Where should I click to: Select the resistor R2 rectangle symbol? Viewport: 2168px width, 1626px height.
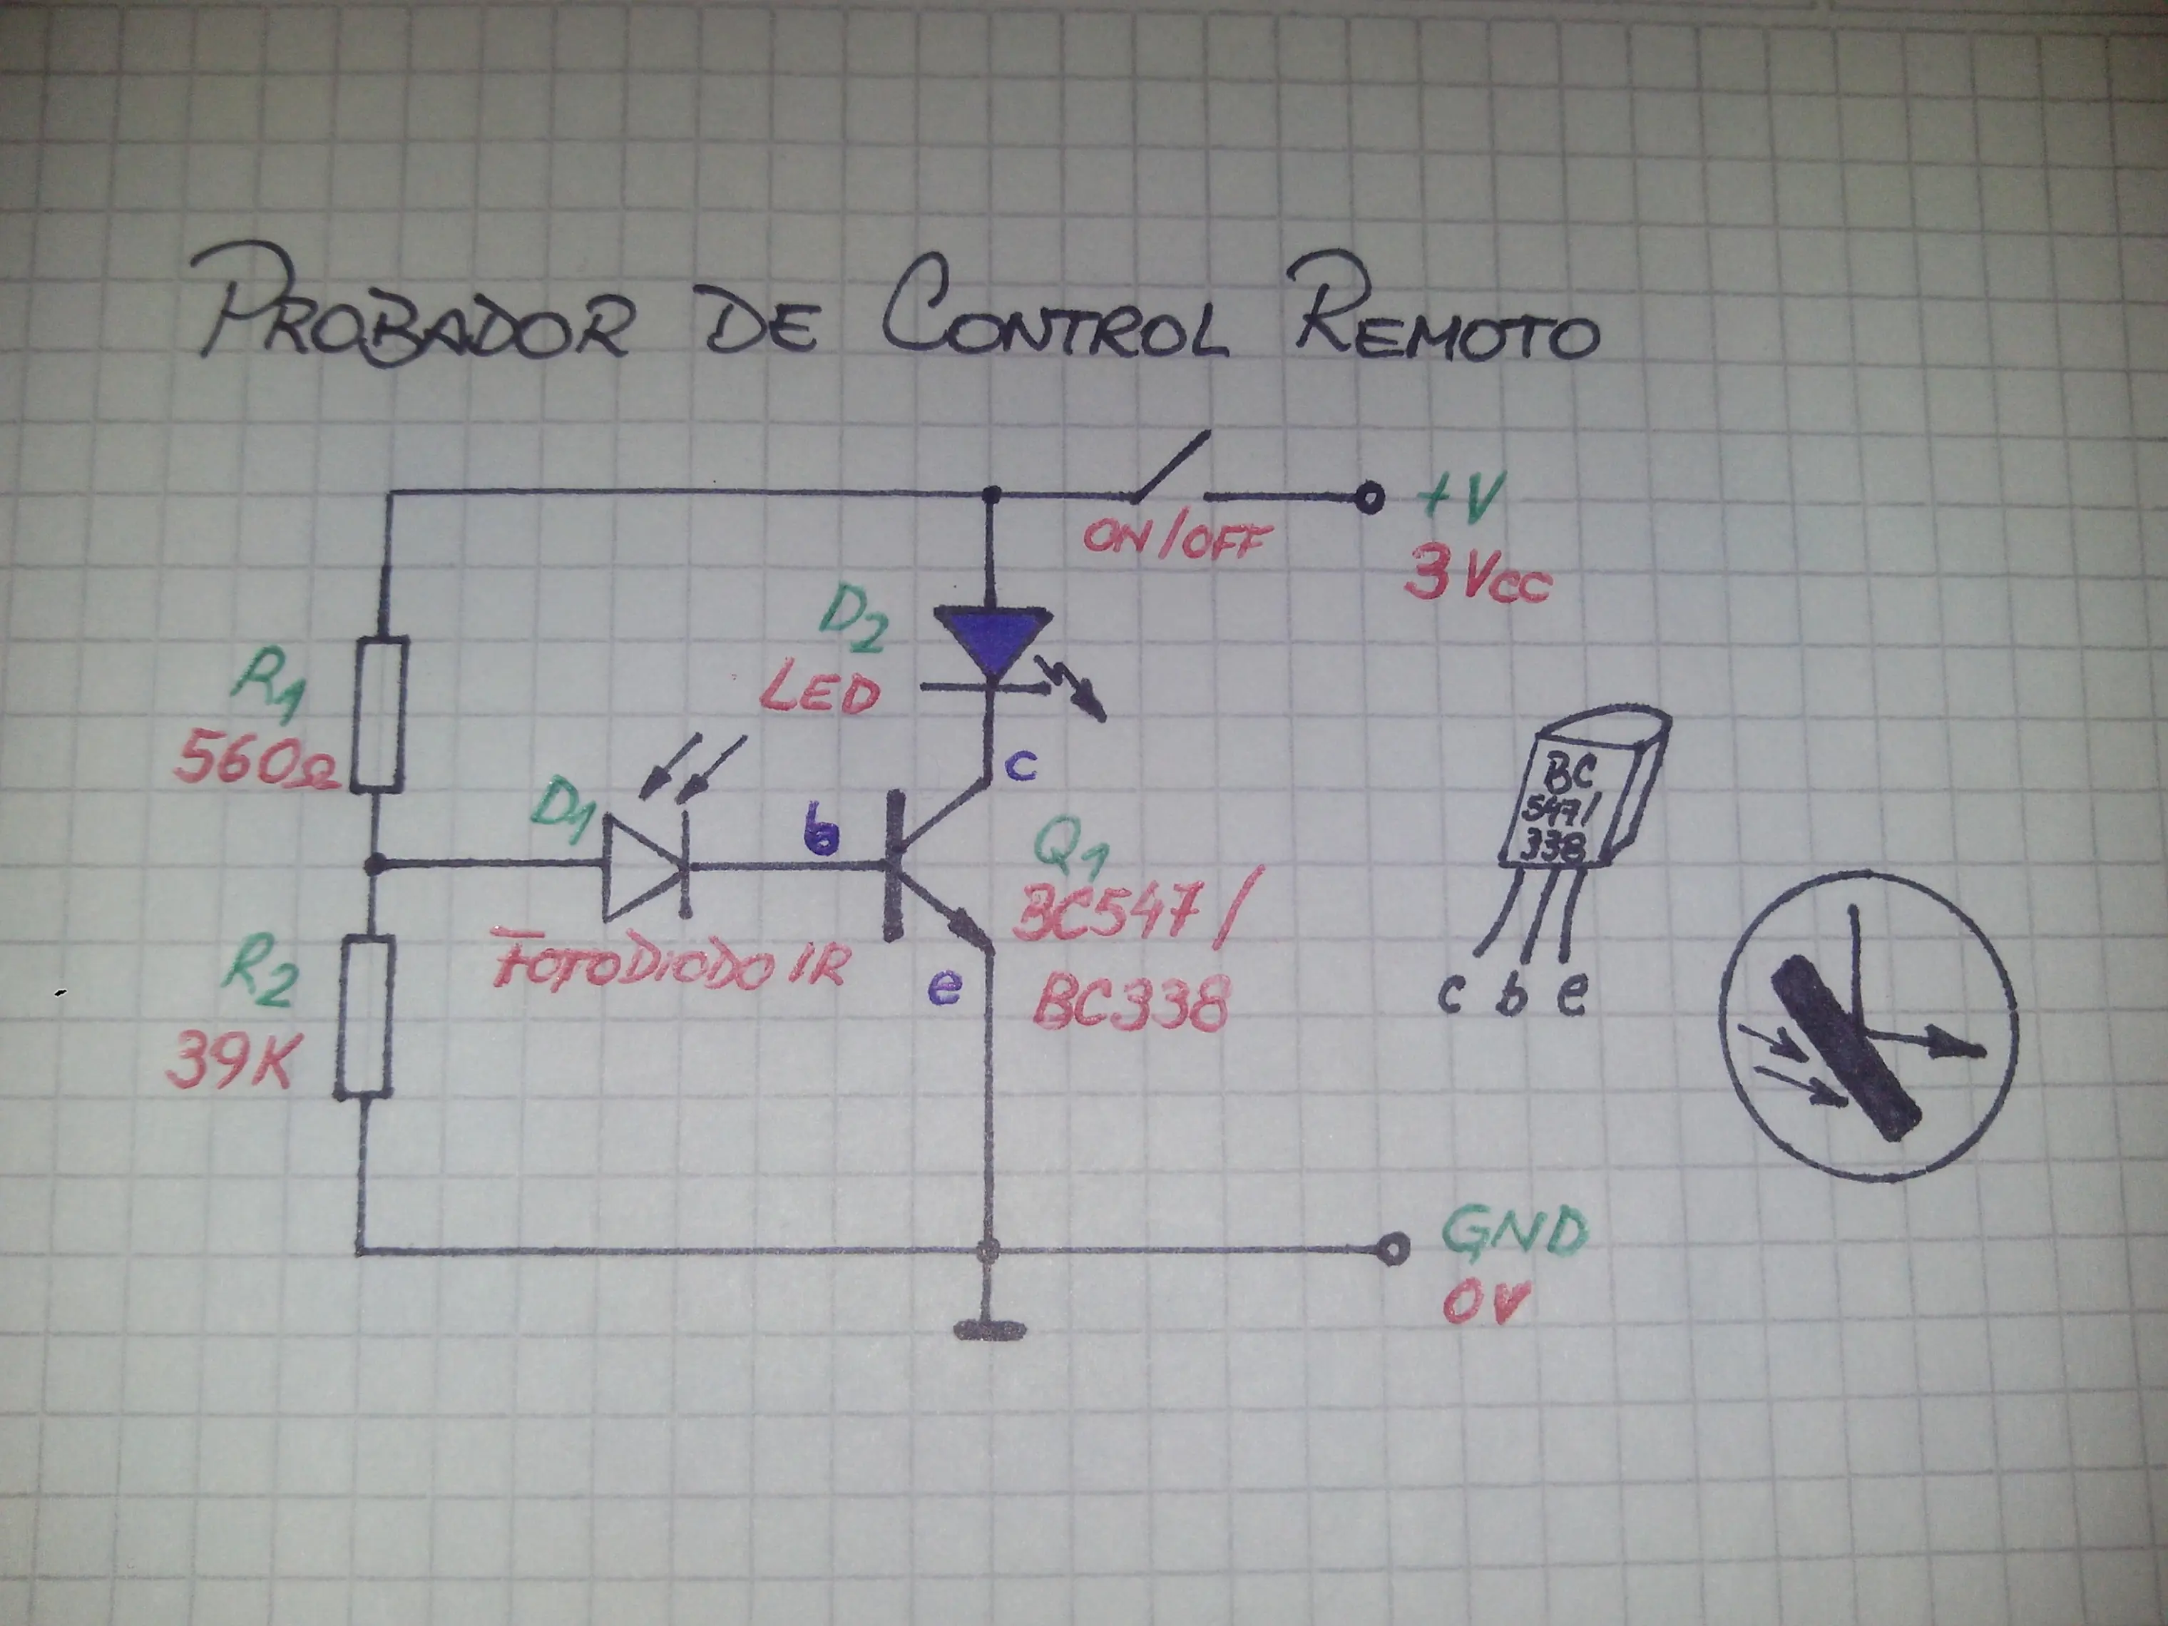click(364, 1016)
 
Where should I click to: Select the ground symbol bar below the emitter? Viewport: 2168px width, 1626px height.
click(990, 1331)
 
